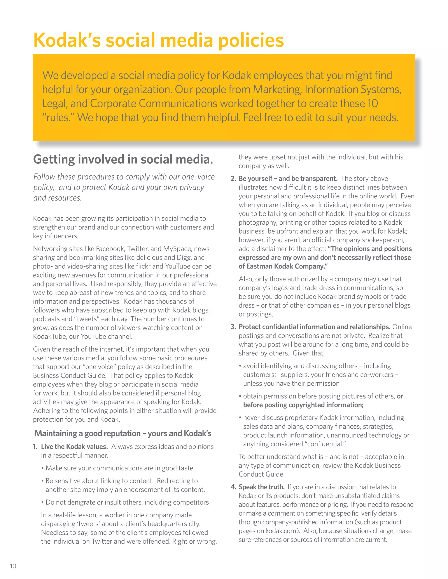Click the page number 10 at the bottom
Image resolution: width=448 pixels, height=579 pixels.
[x=13, y=566]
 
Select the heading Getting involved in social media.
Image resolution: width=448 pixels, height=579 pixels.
[x=123, y=159]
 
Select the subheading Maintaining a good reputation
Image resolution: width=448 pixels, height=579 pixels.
[x=123, y=433]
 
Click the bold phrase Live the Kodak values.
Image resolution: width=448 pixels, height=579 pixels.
[x=74, y=446]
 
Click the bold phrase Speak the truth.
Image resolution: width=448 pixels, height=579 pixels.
[x=261, y=487]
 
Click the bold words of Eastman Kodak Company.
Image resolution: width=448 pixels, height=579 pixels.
[x=283, y=266]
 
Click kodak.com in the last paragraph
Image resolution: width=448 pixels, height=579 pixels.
[x=282, y=531]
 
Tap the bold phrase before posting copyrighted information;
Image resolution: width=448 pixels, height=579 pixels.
[x=303, y=405]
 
